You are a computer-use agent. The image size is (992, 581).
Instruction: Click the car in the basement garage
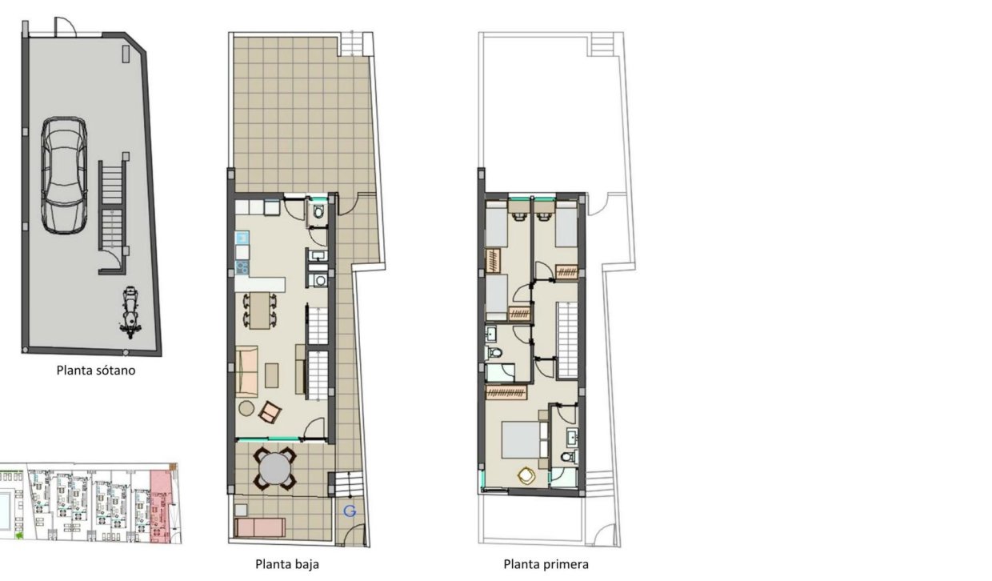[x=63, y=175]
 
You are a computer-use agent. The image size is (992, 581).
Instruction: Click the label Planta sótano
[x=96, y=371]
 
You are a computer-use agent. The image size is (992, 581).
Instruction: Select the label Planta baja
[x=287, y=564]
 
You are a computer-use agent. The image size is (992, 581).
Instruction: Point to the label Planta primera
[x=546, y=564]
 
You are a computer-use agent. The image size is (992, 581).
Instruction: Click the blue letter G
[x=349, y=511]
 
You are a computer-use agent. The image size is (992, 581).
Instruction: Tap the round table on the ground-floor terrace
[x=275, y=468]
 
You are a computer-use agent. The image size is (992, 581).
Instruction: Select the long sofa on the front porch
[x=260, y=527]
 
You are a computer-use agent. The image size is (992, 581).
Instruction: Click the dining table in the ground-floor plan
[x=259, y=311]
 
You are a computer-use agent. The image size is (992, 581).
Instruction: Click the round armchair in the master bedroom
[x=526, y=476]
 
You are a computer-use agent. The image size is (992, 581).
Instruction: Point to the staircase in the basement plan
[x=112, y=206]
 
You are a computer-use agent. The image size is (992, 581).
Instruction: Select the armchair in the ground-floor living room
[x=270, y=412]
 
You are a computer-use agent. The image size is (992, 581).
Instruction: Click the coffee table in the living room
[x=273, y=374]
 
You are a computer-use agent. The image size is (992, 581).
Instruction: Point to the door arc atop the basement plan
[x=66, y=27]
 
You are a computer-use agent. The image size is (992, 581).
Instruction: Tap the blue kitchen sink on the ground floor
[x=242, y=238]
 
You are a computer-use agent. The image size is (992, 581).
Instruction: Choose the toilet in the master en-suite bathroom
[x=567, y=458]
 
